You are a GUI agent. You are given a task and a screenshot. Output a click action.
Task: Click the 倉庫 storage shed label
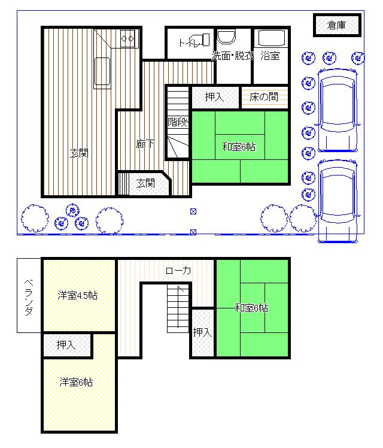tap(337, 25)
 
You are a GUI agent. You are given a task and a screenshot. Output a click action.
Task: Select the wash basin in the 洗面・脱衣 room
tap(227, 37)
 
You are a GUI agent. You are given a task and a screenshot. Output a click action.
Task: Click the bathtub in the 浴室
tap(272, 38)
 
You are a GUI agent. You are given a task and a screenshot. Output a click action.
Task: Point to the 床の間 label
tap(264, 97)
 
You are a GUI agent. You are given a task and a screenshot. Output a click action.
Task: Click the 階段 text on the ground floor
tap(178, 122)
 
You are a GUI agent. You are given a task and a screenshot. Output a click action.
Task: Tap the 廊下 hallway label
tap(145, 144)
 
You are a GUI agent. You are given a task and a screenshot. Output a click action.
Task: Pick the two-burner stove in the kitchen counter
tap(127, 38)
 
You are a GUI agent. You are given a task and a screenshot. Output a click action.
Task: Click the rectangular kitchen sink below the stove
tap(102, 71)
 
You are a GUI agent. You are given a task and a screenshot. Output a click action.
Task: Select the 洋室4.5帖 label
tap(78, 295)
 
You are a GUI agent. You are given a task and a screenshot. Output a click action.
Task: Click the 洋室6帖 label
tap(76, 382)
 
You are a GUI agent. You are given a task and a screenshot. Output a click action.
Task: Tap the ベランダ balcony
tap(29, 295)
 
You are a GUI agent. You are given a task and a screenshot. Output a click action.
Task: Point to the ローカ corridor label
tap(178, 271)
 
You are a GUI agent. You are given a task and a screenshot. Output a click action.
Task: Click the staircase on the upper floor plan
tap(179, 308)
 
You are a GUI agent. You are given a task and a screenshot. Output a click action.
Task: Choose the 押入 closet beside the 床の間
tap(215, 97)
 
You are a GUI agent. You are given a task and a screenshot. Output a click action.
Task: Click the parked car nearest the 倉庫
tap(337, 110)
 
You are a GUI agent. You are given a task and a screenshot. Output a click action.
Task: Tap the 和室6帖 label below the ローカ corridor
tap(251, 308)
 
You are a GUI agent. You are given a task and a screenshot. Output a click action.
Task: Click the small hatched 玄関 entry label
tap(145, 183)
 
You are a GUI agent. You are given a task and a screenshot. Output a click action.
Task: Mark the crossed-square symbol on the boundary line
tap(193, 232)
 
